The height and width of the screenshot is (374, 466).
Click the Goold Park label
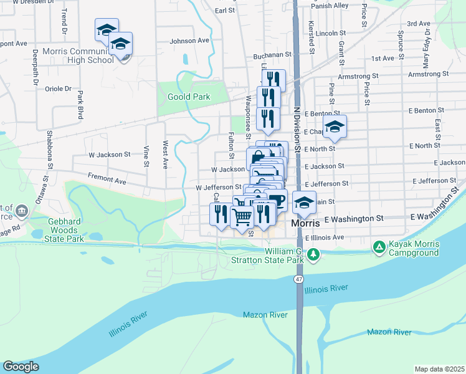(x=189, y=97)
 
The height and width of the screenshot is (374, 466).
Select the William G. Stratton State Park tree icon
(x=315, y=254)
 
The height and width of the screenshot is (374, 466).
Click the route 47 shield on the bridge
(x=300, y=279)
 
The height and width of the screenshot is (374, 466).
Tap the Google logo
(x=21, y=367)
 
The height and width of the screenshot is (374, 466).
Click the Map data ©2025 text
(x=439, y=369)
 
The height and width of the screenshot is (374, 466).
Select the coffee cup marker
(x=277, y=201)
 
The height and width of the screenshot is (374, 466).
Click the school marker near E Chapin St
(x=335, y=127)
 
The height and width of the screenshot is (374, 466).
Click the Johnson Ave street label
(x=189, y=41)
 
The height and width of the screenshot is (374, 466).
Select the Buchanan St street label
(x=272, y=55)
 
